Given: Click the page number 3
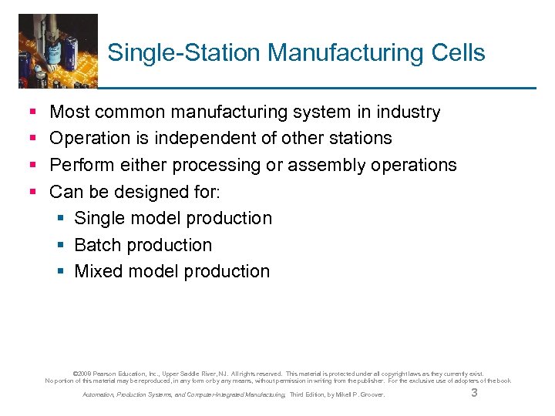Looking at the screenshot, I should click(x=474, y=394).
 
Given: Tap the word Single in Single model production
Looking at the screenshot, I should click(x=99, y=218).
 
